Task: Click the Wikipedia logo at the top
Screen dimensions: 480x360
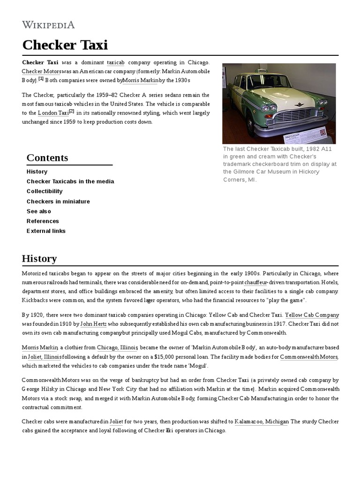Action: point(48,25)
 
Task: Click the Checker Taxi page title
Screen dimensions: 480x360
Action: point(65,45)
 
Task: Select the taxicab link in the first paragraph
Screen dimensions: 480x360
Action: point(115,62)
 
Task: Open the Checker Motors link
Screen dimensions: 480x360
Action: point(41,71)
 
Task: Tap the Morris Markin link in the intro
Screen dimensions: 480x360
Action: point(141,80)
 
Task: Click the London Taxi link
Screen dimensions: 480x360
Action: point(53,113)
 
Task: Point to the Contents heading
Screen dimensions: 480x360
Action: point(47,157)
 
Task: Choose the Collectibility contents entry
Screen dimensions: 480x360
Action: point(45,191)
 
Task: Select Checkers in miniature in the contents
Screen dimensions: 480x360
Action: point(58,201)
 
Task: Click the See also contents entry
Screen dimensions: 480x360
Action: point(39,211)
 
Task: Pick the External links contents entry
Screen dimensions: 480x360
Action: point(46,231)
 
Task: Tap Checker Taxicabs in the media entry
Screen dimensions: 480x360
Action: point(70,181)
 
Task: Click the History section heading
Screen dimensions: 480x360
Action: point(39,258)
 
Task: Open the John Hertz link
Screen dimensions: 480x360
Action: point(94,323)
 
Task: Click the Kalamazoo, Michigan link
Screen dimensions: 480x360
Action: point(262,421)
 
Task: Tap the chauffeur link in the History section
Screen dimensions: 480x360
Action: point(255,283)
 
